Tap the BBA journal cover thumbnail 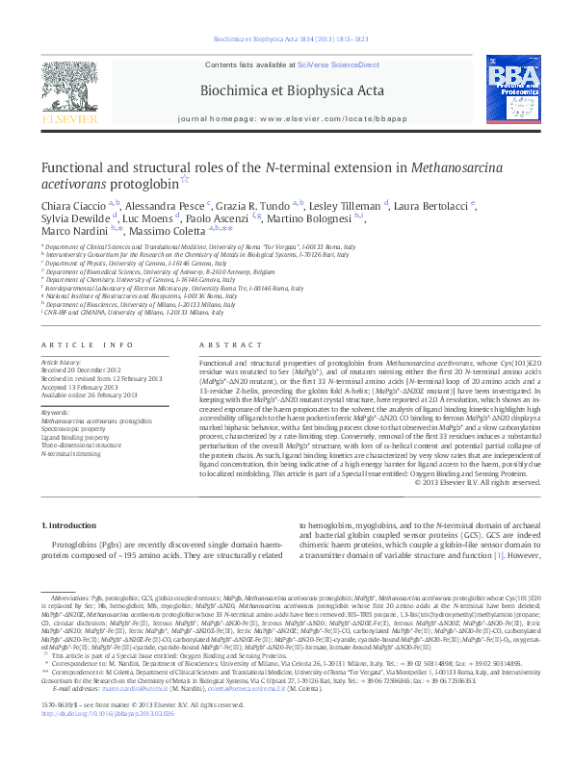512,93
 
